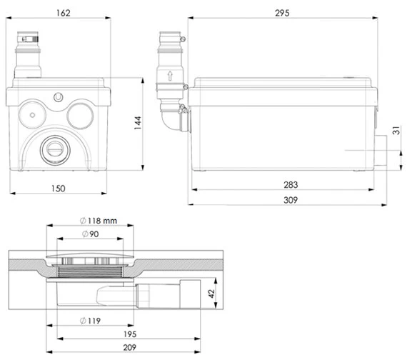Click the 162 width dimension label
coord(64,13)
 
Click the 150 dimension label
coord(58,189)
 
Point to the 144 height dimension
coord(138,123)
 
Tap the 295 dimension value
coord(282,13)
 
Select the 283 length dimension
coord(291,185)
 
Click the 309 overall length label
coord(291,200)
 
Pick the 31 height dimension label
coord(396,131)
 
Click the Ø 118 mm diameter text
coord(99,221)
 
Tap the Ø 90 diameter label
coord(91,234)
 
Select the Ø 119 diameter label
coord(90,321)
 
